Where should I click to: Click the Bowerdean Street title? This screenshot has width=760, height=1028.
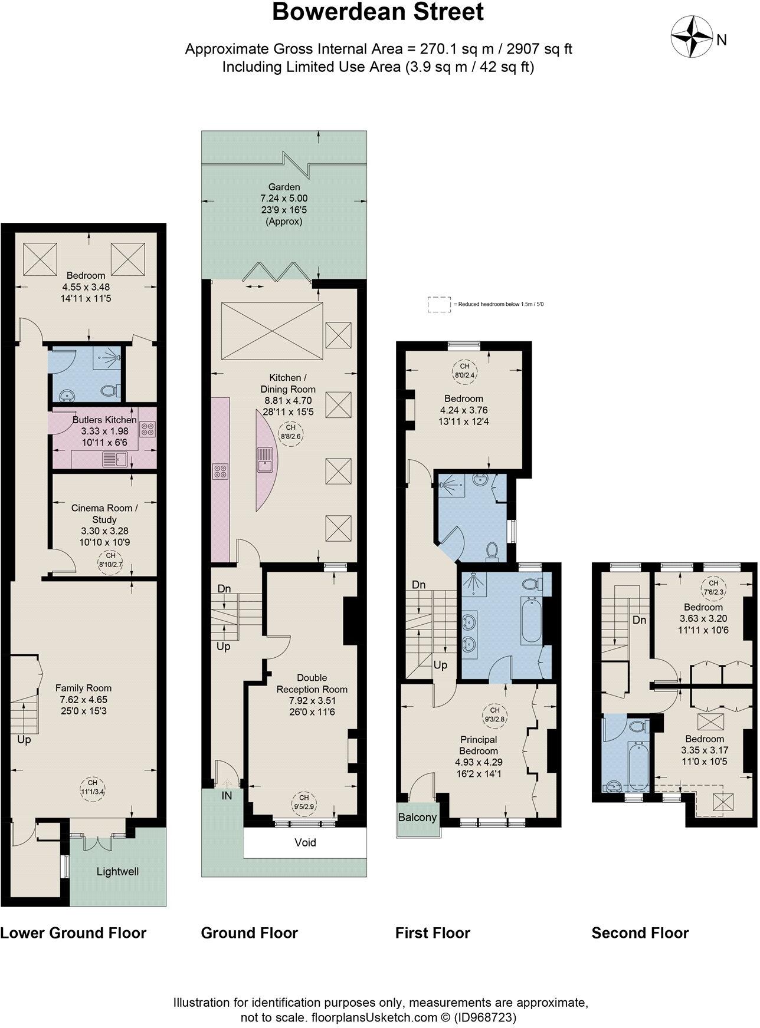click(378, 12)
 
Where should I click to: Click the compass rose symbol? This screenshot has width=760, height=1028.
click(692, 38)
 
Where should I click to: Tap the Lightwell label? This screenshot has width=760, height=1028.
click(117, 871)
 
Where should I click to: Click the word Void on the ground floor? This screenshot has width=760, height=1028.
click(305, 842)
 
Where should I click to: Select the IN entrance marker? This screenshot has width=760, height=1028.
click(227, 795)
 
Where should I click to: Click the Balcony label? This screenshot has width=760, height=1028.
click(417, 818)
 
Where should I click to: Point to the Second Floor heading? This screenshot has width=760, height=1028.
click(640, 933)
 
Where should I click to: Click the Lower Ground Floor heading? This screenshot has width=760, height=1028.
click(73, 933)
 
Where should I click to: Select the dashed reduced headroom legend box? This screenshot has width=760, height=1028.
click(438, 304)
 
